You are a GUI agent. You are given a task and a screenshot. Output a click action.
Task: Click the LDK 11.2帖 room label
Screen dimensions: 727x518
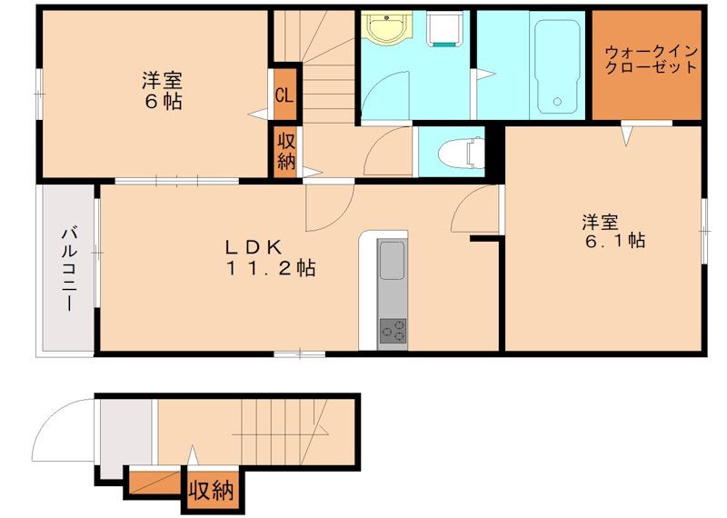(270, 258)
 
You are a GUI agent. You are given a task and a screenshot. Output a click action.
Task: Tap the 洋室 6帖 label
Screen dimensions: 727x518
(162, 91)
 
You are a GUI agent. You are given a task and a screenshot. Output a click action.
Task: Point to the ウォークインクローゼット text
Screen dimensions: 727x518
(652, 59)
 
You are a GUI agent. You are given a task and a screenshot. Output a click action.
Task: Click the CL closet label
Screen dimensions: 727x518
(284, 96)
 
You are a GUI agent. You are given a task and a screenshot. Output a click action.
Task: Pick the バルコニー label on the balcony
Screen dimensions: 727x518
(70, 267)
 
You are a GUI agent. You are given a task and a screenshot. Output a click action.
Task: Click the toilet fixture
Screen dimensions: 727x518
(462, 152)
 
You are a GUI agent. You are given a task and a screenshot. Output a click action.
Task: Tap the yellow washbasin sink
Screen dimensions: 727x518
(386, 27)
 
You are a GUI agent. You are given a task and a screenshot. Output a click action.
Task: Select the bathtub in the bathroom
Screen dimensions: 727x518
(557, 66)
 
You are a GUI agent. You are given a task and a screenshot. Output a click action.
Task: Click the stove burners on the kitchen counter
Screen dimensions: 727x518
(393, 331)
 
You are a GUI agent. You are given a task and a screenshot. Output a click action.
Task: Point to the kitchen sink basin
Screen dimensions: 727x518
(392, 260)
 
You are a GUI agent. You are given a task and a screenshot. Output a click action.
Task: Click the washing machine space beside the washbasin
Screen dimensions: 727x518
(443, 29)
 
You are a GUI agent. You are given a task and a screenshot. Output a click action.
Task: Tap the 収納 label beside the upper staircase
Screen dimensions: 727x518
(286, 152)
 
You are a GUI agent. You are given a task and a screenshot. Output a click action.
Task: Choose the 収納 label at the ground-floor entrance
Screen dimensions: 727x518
(211, 490)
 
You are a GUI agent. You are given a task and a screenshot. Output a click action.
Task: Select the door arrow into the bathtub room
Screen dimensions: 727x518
(487, 74)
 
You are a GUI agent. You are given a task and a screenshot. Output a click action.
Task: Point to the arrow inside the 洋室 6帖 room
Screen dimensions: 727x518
(258, 114)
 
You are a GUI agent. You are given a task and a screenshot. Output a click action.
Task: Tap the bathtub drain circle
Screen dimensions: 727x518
(557, 102)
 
